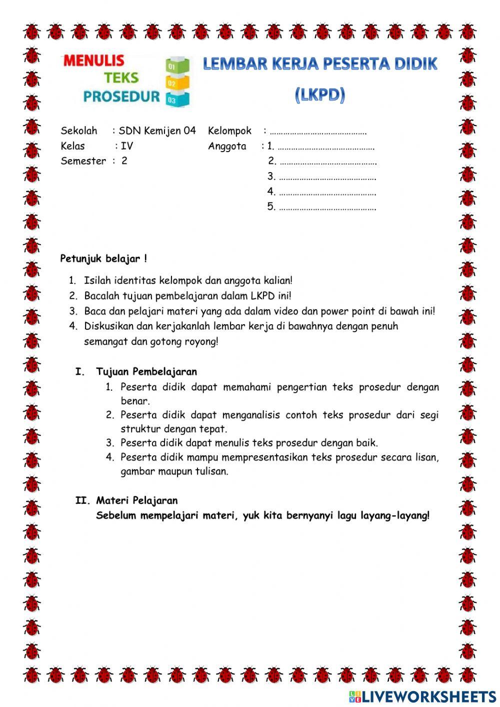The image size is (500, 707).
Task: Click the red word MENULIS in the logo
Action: pos(93,61)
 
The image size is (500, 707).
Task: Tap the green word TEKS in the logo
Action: pos(121,78)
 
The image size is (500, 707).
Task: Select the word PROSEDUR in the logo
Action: pos(121,96)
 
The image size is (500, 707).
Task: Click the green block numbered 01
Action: pos(177,66)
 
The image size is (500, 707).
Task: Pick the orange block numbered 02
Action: pos(177,83)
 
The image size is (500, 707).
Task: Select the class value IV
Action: pos(126,146)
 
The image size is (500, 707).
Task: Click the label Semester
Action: pos(83,161)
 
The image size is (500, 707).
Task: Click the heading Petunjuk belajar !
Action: pos(103,259)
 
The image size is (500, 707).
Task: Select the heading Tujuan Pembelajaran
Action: pos(146,372)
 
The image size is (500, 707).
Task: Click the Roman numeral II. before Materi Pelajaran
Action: pos(82,500)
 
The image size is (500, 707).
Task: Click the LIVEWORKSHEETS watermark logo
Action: pos(422,696)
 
